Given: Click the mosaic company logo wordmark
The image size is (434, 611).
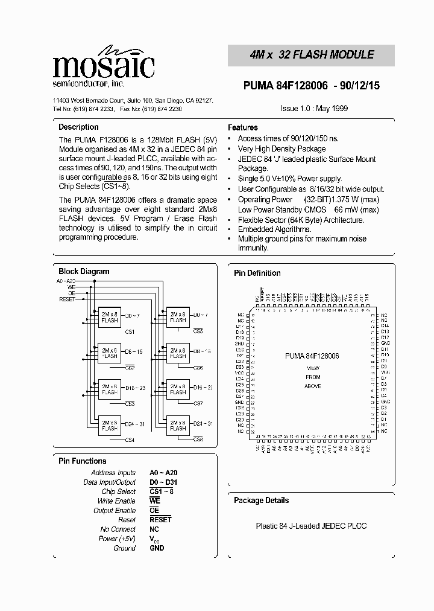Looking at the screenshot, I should [x=103, y=64].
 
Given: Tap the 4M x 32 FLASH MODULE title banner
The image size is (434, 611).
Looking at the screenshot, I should [x=312, y=55].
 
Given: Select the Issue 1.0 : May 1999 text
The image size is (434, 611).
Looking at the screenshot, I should [x=314, y=109].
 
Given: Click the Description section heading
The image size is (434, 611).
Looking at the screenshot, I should [x=78, y=127].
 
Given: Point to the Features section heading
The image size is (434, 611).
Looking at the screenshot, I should [x=243, y=128].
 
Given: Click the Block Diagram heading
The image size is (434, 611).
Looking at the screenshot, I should [x=84, y=272].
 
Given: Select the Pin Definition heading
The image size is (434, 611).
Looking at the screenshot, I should [x=257, y=274].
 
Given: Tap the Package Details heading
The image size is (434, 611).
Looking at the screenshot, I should [x=261, y=501].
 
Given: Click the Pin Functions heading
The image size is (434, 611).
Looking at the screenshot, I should [x=82, y=461].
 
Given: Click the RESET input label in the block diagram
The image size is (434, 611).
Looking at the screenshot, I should [x=67, y=299].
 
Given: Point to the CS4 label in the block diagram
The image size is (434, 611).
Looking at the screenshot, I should [x=130, y=440].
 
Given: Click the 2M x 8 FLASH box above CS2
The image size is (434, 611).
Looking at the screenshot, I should [x=109, y=353].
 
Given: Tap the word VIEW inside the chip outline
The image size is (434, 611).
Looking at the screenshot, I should [x=313, y=368].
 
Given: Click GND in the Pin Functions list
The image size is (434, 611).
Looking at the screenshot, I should [x=157, y=548].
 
